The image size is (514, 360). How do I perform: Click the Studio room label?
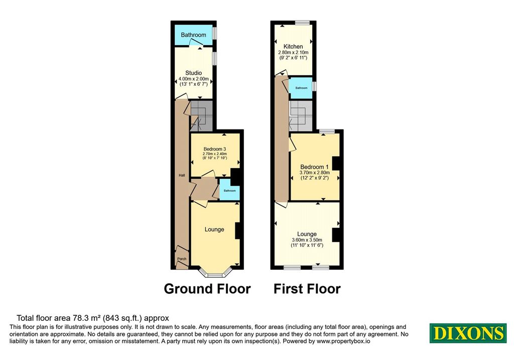(x=193, y=73)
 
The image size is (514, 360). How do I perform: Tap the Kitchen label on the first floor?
(x=293, y=47)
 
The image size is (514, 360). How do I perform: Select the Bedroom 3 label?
(x=215, y=149)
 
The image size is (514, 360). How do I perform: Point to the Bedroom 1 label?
(x=314, y=167)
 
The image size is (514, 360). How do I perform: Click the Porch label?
(x=182, y=259)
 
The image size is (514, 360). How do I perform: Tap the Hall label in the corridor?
(x=182, y=175)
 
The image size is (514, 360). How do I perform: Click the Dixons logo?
(x=468, y=333)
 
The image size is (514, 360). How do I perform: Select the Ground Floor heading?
(x=207, y=289)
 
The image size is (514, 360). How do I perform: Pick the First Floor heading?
(x=307, y=289)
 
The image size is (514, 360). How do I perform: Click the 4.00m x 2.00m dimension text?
(x=193, y=79)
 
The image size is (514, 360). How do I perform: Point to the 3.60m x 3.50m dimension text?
(x=307, y=240)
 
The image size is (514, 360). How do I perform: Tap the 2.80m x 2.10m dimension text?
(x=293, y=52)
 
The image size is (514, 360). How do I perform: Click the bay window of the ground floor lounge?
(x=215, y=273)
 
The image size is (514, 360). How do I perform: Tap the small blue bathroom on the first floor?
(x=301, y=88)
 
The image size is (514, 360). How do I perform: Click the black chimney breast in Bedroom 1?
(x=336, y=163)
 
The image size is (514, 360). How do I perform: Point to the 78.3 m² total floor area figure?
(x=86, y=318)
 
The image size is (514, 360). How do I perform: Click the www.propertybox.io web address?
(x=343, y=341)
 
